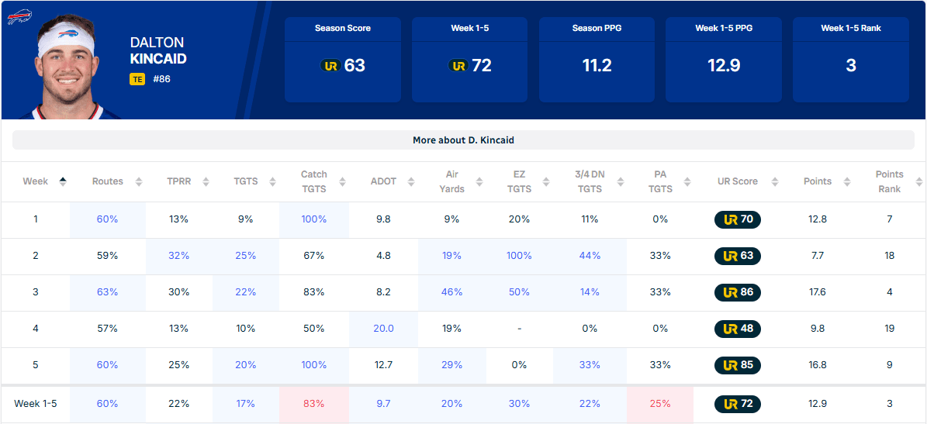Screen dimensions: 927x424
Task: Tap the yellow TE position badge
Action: click(x=137, y=78)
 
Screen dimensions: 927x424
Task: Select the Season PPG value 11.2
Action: click(x=597, y=66)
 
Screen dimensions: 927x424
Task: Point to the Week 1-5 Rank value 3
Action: click(x=851, y=66)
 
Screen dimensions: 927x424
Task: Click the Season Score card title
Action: click(x=343, y=28)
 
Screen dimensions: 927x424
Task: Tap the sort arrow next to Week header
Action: click(x=63, y=181)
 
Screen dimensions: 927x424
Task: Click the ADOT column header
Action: click(x=383, y=181)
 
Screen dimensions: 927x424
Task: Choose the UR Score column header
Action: click(x=737, y=181)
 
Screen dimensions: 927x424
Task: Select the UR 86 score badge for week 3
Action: click(x=737, y=292)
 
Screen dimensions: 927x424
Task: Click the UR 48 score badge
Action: click(x=737, y=329)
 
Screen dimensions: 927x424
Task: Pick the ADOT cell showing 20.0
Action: click(x=383, y=329)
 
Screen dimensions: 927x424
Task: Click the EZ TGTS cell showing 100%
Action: click(x=519, y=256)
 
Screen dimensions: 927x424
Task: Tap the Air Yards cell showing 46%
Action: click(x=452, y=292)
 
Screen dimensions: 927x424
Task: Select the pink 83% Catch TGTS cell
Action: click(x=314, y=404)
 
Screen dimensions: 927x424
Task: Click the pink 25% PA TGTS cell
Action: click(x=660, y=404)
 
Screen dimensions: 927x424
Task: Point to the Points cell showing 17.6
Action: click(x=819, y=292)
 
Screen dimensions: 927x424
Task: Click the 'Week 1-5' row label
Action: click(x=35, y=404)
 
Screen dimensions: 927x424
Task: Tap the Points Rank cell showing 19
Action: click(x=890, y=329)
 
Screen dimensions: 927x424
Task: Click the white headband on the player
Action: click(x=66, y=40)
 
